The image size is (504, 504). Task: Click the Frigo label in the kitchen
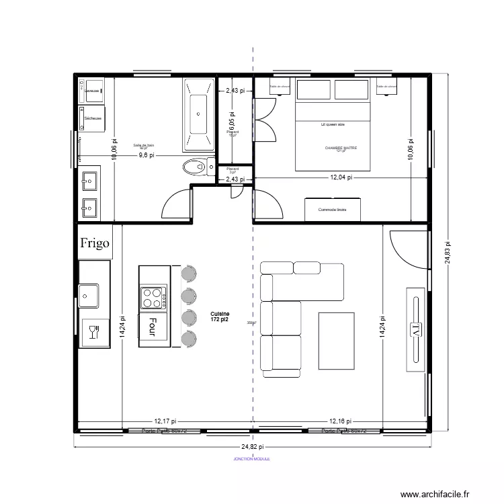tap(95, 243)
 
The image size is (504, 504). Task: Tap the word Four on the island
tap(153, 326)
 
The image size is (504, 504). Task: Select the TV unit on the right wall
tap(416, 329)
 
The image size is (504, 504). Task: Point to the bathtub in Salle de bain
tap(198, 114)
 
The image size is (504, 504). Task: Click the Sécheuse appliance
tap(93, 118)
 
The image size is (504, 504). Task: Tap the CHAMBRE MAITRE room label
tap(340, 147)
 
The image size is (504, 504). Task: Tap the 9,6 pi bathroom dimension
tap(146, 155)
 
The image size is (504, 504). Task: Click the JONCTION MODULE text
tap(253, 460)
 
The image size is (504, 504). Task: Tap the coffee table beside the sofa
tap(336, 341)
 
